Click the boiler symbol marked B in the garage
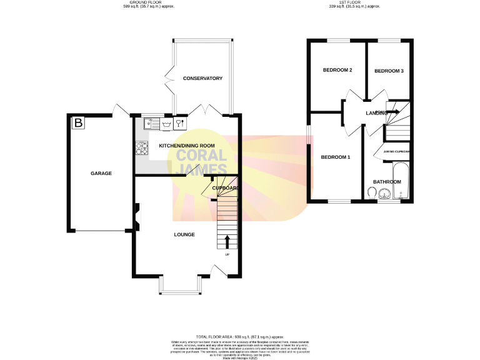(x=78, y=123)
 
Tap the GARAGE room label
(x=101, y=173)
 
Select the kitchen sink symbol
(x=151, y=123)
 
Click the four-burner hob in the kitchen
(x=142, y=149)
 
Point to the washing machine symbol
(x=167, y=123)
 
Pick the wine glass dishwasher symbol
(x=179, y=123)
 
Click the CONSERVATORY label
(x=202, y=78)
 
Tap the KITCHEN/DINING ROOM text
(x=187, y=146)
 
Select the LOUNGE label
(x=184, y=234)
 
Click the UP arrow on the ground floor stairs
(x=227, y=241)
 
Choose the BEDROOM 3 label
(x=389, y=71)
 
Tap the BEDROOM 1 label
(x=335, y=157)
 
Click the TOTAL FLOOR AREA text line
(x=240, y=336)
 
